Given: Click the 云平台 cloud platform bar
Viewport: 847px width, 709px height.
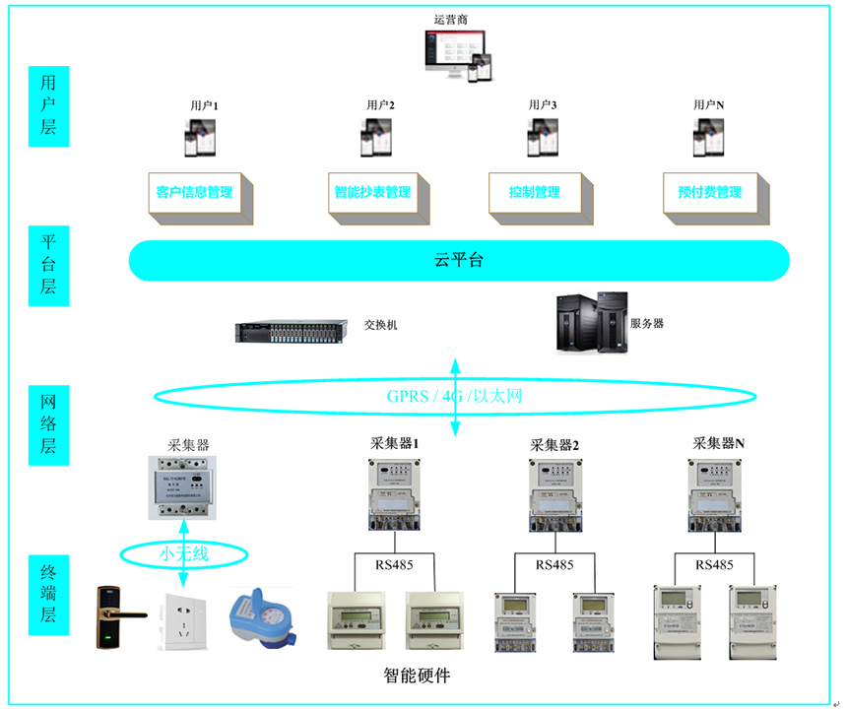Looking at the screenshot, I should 459,261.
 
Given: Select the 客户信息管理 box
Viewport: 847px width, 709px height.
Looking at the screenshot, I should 195,192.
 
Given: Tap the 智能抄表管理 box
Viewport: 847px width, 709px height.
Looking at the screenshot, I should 371,192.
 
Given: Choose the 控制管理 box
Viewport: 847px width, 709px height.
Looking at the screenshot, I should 535,192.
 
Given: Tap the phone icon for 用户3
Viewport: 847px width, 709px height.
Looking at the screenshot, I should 542,138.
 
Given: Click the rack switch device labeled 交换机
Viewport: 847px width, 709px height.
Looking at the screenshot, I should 293,331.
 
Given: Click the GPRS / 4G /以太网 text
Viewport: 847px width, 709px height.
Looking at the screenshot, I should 454,397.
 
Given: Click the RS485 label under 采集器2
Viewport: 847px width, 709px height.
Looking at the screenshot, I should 554,565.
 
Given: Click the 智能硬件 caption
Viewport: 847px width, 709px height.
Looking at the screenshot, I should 417,676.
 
